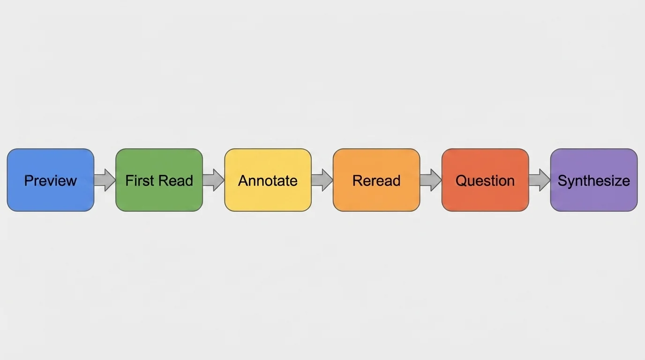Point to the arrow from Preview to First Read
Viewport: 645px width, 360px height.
pyautogui.click(x=105, y=180)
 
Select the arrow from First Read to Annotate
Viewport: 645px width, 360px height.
pyautogui.click(x=213, y=180)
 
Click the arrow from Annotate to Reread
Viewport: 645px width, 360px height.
pyautogui.click(x=322, y=180)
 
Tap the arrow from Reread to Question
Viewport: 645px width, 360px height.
pyautogui.click(x=431, y=180)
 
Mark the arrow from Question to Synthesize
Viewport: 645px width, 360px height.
pyautogui.click(x=540, y=180)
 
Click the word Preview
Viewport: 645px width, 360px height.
pyautogui.click(x=51, y=181)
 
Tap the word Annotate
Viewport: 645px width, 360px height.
pyautogui.click(x=268, y=181)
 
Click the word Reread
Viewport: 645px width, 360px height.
pyautogui.click(x=376, y=181)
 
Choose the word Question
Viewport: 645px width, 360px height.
pyautogui.click(x=485, y=181)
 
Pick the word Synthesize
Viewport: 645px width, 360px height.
pyautogui.click(x=593, y=181)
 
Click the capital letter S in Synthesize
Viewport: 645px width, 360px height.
pyautogui.click(x=562, y=181)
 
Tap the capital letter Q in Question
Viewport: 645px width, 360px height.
pyautogui.click(x=461, y=181)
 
